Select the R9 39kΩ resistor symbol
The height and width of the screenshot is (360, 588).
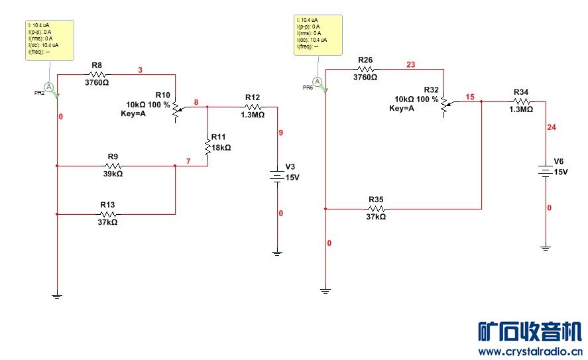[x=113, y=166]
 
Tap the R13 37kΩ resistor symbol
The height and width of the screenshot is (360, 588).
[x=108, y=214]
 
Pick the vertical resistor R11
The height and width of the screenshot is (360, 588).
[x=207, y=147]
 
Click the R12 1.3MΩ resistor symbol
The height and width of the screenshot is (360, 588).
[x=252, y=107]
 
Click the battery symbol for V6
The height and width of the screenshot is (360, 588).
[x=545, y=172]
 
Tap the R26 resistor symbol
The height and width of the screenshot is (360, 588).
[x=365, y=68]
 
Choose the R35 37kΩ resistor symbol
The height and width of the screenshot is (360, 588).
[x=376, y=208]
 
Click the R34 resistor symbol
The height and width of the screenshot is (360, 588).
[x=520, y=101]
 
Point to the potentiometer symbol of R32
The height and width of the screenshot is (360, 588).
[x=444, y=106]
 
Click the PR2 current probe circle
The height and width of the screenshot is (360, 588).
[x=48, y=86]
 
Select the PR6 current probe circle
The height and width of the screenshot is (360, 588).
[x=317, y=82]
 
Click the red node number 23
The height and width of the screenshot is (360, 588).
[x=410, y=65]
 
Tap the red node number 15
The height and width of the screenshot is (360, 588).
[x=470, y=97]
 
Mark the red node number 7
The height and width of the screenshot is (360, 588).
[x=188, y=162]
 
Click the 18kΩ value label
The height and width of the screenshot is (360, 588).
[x=221, y=149]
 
